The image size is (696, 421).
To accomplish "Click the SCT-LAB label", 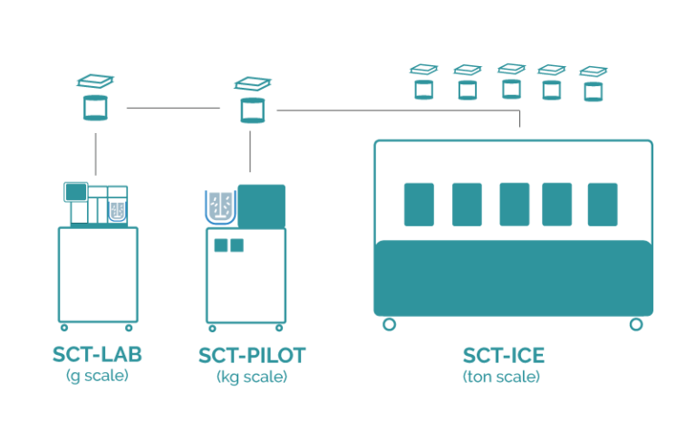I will (97, 356).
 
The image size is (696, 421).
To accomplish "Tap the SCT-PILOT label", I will (251, 356).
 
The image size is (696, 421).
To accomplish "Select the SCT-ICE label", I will (504, 356).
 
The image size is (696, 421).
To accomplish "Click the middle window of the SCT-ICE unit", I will (514, 204).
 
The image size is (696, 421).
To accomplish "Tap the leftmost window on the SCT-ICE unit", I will (419, 204).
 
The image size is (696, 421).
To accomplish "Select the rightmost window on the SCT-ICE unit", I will (603, 204).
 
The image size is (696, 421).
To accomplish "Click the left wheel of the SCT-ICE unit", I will (390, 324).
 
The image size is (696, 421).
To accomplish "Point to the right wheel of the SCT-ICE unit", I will (636, 324).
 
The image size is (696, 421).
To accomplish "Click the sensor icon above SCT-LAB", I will (95, 98).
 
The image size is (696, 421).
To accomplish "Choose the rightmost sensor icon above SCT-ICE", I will (594, 83).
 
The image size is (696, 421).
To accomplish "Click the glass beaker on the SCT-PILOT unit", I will (220, 206).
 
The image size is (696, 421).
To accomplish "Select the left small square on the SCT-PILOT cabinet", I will (221, 244).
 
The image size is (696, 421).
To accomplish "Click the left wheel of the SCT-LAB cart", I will (63, 327).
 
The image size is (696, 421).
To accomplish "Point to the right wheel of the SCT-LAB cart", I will (129, 327).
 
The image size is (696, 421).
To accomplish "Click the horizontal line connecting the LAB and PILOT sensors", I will (172, 109).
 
